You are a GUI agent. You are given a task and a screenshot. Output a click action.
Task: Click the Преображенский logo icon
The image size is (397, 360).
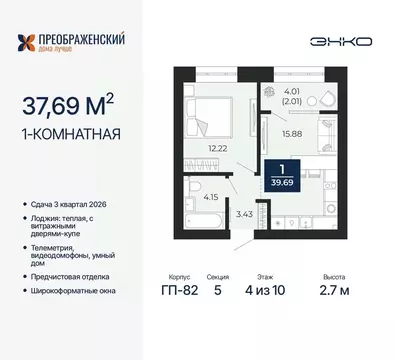click(31, 43)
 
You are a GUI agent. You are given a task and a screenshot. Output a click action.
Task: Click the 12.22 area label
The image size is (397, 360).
click(218, 150)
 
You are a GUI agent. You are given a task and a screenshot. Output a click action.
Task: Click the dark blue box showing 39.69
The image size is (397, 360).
click(282, 173)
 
